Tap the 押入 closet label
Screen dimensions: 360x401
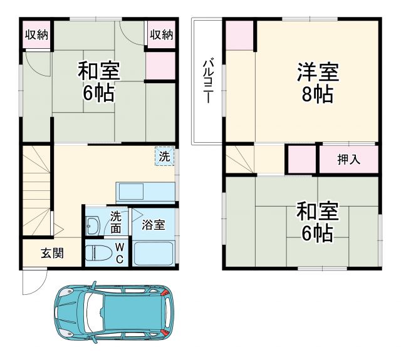[348, 160]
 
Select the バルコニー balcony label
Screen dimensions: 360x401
[207, 81]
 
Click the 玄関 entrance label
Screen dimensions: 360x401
[52, 254]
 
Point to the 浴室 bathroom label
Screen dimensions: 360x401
[154, 224]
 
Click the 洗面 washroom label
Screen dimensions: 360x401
[117, 223]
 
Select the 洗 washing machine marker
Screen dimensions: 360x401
[164, 157]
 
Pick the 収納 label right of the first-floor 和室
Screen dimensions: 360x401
[161, 35]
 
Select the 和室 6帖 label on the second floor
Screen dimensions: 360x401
[317, 222]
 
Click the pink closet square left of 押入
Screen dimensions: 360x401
[302, 160]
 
